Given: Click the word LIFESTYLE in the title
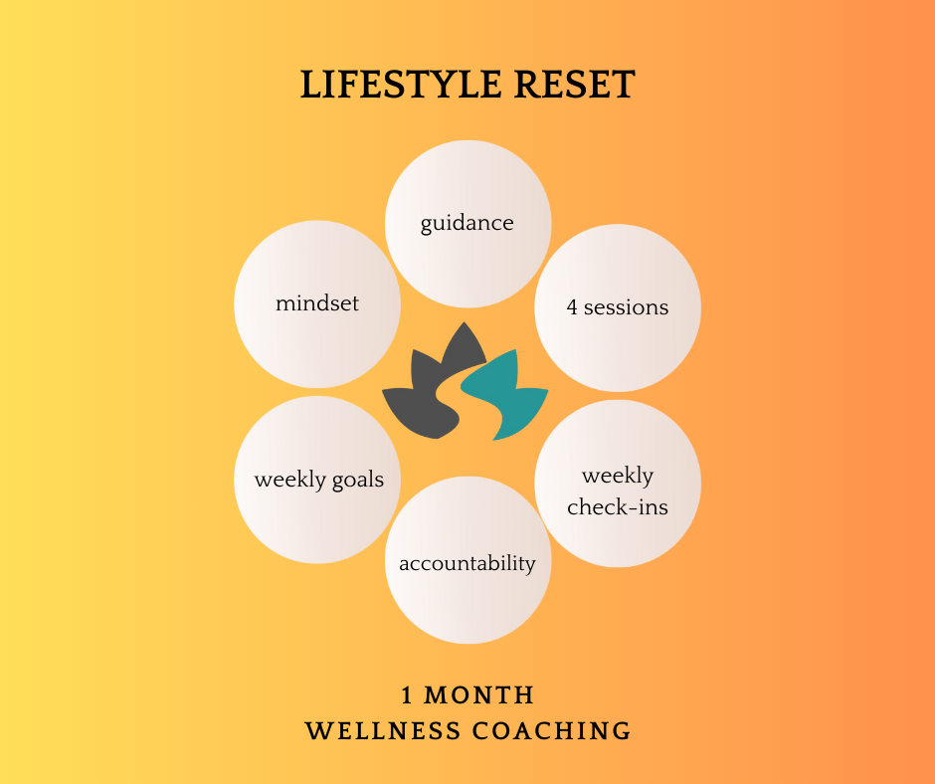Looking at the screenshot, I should click(x=384, y=86).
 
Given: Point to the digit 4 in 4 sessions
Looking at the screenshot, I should click(x=572, y=307).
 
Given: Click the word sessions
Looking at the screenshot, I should click(x=626, y=307).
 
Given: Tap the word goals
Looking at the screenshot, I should click(x=358, y=481).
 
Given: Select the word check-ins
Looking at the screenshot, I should click(x=618, y=507).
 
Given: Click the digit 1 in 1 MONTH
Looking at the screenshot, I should click(x=408, y=694).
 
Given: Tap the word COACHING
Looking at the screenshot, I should click(x=552, y=731).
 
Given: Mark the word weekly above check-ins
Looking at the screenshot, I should click(x=618, y=475).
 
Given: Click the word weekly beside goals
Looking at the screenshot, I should click(x=289, y=480).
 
